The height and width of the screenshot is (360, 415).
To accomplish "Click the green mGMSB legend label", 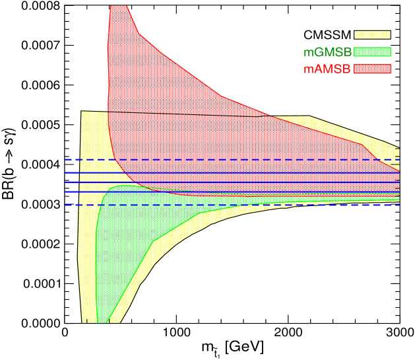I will coord(327,52).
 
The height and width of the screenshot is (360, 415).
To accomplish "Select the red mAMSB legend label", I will coord(327,69).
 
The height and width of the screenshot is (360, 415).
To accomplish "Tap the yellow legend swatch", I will coord(372,34).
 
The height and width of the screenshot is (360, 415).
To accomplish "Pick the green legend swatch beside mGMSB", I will coord(372,52).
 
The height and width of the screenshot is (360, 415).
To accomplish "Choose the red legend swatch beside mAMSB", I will coord(372,69).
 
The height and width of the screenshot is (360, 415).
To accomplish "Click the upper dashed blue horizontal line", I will coord(231,159).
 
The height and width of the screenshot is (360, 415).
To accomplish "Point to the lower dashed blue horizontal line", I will coord(231,205).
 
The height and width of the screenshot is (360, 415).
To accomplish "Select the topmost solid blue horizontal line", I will coord(231,172).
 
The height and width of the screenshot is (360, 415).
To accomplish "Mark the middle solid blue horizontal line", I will coord(231,182).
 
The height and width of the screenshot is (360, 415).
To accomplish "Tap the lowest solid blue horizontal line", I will coord(231,192).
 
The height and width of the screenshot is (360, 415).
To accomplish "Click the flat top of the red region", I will coord(117,6).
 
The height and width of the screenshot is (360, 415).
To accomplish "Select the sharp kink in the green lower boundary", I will coord(154,240).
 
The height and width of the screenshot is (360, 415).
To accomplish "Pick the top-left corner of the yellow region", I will coord(81,111).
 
